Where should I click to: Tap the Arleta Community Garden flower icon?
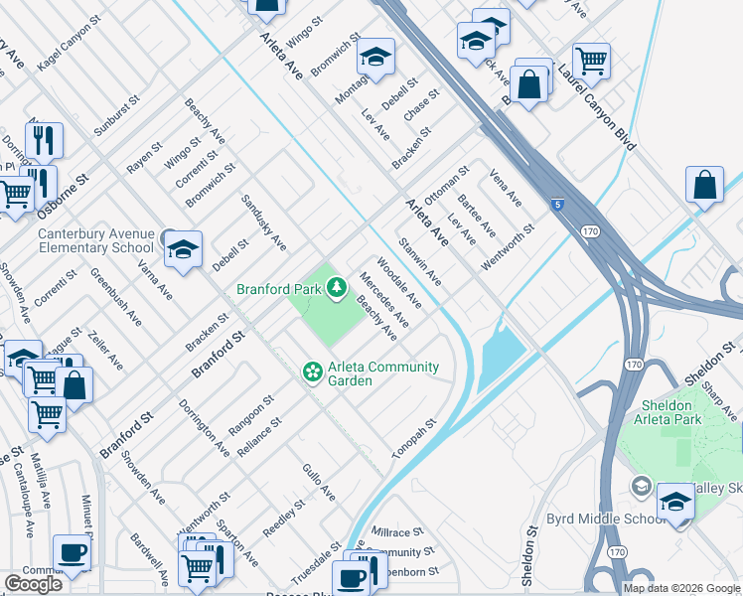click(312, 372)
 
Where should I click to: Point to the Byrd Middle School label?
click(592, 520)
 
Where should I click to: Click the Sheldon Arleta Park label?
click(667, 412)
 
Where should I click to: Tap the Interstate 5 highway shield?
click(558, 206)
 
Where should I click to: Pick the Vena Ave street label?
click(505, 188)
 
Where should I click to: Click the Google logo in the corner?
click(33, 584)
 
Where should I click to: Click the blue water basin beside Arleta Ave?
click(503, 358)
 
